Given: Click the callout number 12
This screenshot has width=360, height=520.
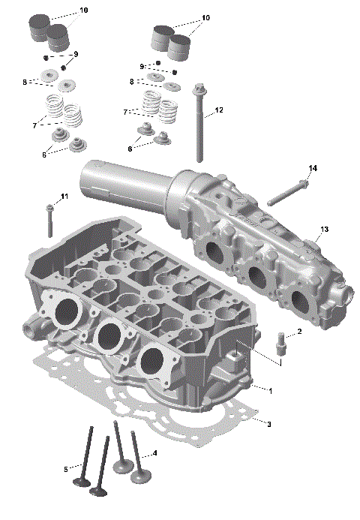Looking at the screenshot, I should pos(219,110).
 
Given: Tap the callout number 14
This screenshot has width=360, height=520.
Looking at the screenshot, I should pos(313,168).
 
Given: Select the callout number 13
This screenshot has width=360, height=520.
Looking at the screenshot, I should pos(324,228).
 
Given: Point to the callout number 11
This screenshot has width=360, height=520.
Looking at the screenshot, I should pos(64,197).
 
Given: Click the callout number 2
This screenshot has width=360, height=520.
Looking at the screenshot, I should pos(299,331).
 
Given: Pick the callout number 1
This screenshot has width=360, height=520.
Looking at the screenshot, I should pos(270,390).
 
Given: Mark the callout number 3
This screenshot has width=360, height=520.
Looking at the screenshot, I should pos(269,424).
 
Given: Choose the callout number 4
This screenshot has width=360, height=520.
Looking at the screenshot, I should pos(154,453).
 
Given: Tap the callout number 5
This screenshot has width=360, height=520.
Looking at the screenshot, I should pos(66,470).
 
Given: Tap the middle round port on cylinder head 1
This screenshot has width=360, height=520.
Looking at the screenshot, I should pos(108,335).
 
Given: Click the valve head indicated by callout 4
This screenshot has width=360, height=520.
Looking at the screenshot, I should pos(139,476).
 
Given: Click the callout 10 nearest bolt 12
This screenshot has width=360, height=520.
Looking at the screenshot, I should pos(205,17).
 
